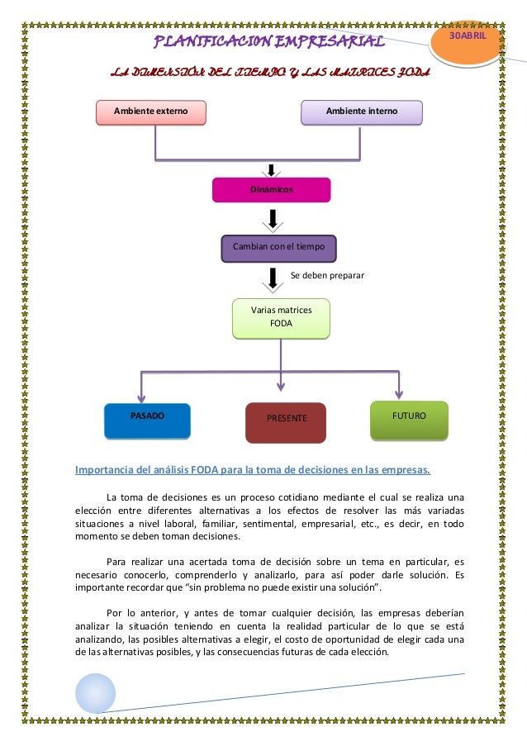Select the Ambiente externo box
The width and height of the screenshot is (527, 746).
tap(151, 112)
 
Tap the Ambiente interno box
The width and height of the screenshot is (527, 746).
tap(361, 112)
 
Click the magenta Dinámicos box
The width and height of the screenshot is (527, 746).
tap(271, 190)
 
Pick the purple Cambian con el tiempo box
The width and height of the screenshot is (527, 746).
tap(278, 247)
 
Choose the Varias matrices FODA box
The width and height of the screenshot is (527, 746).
tap(281, 318)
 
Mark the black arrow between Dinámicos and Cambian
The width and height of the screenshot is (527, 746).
tap(272, 219)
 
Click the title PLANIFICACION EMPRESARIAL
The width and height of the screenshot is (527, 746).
tap(269, 41)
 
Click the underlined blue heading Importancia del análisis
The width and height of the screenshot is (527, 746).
tap(253, 472)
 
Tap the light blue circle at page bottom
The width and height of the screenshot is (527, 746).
tap(96, 693)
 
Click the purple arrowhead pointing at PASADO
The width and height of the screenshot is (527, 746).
tap(141, 399)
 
